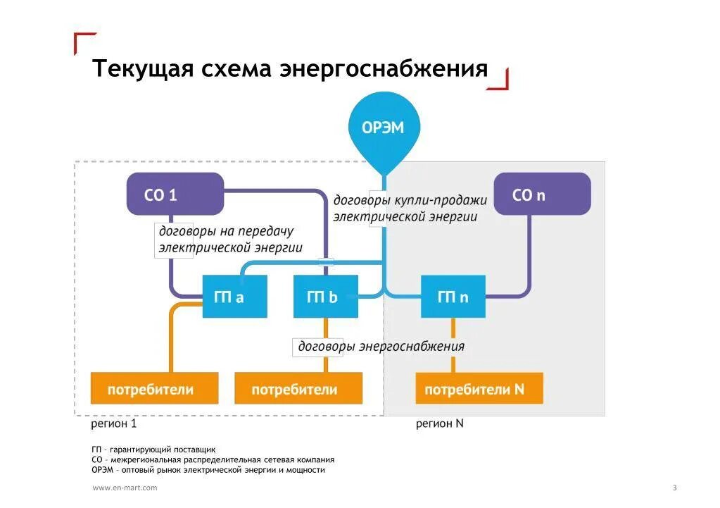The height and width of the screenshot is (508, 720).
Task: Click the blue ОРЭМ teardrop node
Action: point(383,128)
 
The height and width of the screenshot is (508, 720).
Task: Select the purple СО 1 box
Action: point(175,194)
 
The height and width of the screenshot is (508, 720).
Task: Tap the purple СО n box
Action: point(541,194)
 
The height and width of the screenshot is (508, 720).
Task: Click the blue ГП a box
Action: point(234,297)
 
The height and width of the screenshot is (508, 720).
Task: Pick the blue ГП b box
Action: point(325,297)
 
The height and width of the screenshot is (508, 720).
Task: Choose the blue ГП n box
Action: point(453,297)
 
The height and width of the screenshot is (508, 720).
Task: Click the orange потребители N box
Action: point(479,390)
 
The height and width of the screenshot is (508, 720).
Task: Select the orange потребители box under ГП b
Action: point(298,390)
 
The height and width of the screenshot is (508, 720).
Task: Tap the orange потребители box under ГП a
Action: point(154,390)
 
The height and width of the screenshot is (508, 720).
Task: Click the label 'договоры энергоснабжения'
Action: point(381,346)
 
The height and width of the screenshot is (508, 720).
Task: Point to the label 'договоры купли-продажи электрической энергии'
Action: point(410,209)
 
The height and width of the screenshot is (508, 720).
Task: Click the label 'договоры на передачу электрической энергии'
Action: point(229,240)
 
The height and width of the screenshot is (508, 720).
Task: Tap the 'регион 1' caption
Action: point(113,424)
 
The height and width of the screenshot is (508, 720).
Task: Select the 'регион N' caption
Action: point(440,424)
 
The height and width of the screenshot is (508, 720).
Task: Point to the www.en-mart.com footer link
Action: point(125,488)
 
